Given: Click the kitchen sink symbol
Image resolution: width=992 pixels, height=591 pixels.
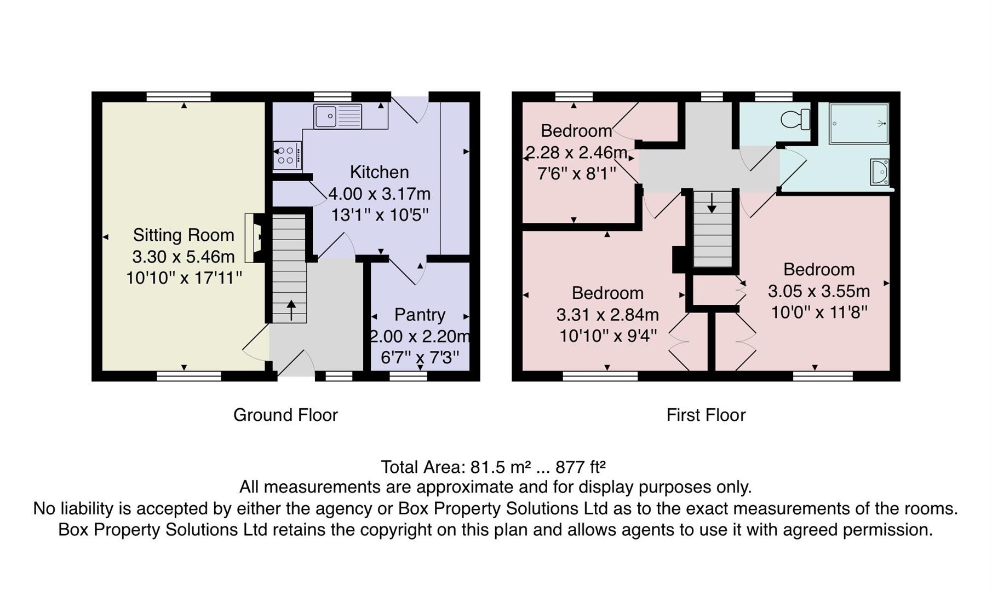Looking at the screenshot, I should pyautogui.click(x=337, y=116).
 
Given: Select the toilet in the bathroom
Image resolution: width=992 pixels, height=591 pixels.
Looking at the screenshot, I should pyautogui.click(x=795, y=119).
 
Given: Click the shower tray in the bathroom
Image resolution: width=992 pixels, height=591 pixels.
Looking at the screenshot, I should pyautogui.click(x=858, y=124).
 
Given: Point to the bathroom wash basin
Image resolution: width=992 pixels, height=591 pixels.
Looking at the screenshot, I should pyautogui.click(x=879, y=172).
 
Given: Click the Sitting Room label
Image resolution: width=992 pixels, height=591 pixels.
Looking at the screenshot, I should pyautogui.click(x=184, y=235).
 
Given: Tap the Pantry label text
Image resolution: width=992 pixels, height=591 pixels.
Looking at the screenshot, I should pyautogui.click(x=420, y=315).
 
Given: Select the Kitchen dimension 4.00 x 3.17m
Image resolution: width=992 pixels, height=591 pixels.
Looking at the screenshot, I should pyautogui.click(x=379, y=194).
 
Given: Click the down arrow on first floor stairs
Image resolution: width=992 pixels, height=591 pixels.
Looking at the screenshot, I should pyautogui.click(x=711, y=203).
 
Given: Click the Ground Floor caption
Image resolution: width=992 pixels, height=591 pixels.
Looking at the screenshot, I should pyautogui.click(x=285, y=415).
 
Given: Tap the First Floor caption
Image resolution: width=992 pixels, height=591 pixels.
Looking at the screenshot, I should pyautogui.click(x=706, y=415).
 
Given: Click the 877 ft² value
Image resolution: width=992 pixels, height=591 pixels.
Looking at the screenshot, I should pyautogui.click(x=580, y=467).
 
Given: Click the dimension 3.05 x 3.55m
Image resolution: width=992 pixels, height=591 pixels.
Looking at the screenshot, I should pyautogui.click(x=818, y=291).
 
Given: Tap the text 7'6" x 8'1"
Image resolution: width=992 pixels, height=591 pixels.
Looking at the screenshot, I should pyautogui.click(x=576, y=174).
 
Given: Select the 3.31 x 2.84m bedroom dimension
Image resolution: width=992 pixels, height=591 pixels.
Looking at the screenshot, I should pyautogui.click(x=607, y=315).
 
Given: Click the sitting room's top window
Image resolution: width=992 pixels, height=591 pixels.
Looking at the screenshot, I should pyautogui.click(x=179, y=97).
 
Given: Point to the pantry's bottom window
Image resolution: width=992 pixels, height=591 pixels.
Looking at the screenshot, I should pyautogui.click(x=408, y=376).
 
